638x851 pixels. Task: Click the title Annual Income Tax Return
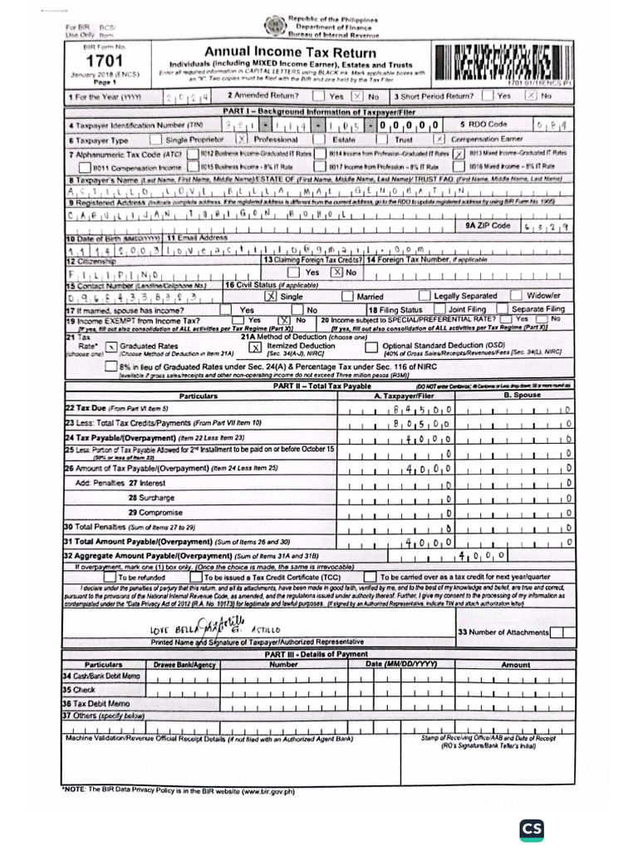(x=282, y=52)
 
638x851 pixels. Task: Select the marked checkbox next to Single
(x=269, y=295)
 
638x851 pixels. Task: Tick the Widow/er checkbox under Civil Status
(x=516, y=295)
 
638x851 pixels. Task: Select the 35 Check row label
(x=80, y=690)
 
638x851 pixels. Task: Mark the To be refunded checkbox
(x=109, y=576)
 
